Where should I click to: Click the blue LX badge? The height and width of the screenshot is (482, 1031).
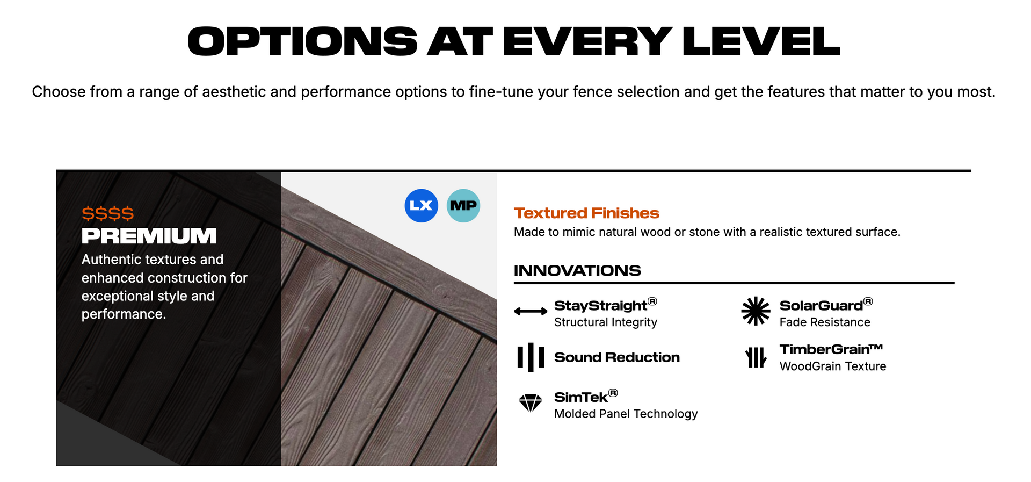421,206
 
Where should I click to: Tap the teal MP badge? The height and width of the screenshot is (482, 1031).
463,206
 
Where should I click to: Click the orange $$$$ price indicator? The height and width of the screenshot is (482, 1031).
107,214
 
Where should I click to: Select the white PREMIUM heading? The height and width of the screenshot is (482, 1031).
149,236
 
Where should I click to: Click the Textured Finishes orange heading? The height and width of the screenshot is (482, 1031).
586,213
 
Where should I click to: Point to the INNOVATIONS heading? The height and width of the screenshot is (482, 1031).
577,270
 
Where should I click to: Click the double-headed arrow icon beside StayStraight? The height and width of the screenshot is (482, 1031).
531,311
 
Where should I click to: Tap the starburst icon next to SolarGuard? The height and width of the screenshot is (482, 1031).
756,311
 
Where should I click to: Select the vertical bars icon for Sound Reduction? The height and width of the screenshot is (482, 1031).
531,357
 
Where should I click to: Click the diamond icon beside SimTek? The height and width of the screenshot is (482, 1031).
531,402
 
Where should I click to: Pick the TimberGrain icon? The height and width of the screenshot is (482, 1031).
756,357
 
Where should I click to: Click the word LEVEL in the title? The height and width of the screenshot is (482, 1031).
761,42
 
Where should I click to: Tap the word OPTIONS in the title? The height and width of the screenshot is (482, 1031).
302,42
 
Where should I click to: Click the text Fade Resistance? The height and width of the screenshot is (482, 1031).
825,322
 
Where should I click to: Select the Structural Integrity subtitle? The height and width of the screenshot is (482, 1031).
605,322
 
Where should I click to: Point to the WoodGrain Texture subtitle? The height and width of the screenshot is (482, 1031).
833,366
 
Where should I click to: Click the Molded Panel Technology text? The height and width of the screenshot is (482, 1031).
626,414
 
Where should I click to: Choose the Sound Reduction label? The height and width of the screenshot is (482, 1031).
616,357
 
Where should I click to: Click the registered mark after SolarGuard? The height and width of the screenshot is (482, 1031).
868,301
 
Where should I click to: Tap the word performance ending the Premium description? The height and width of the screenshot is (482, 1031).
123,314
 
